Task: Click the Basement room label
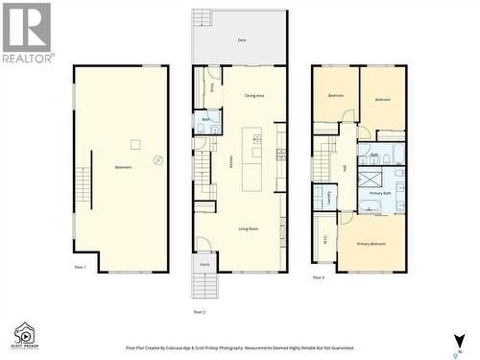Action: point(122,168)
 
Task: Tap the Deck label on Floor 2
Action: point(242,40)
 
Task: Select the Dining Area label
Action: point(254,96)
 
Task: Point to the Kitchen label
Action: point(231,162)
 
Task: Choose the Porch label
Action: point(204,265)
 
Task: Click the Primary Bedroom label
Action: point(371,244)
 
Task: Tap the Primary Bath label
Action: point(380,193)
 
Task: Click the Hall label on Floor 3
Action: point(344,169)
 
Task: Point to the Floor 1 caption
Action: point(80,268)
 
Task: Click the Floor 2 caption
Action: point(200,312)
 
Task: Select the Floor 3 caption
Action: point(318,277)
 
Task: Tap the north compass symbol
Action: point(459,341)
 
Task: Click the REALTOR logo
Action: point(27,33)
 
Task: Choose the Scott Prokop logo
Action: point(26,335)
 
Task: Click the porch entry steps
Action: point(203,285)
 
